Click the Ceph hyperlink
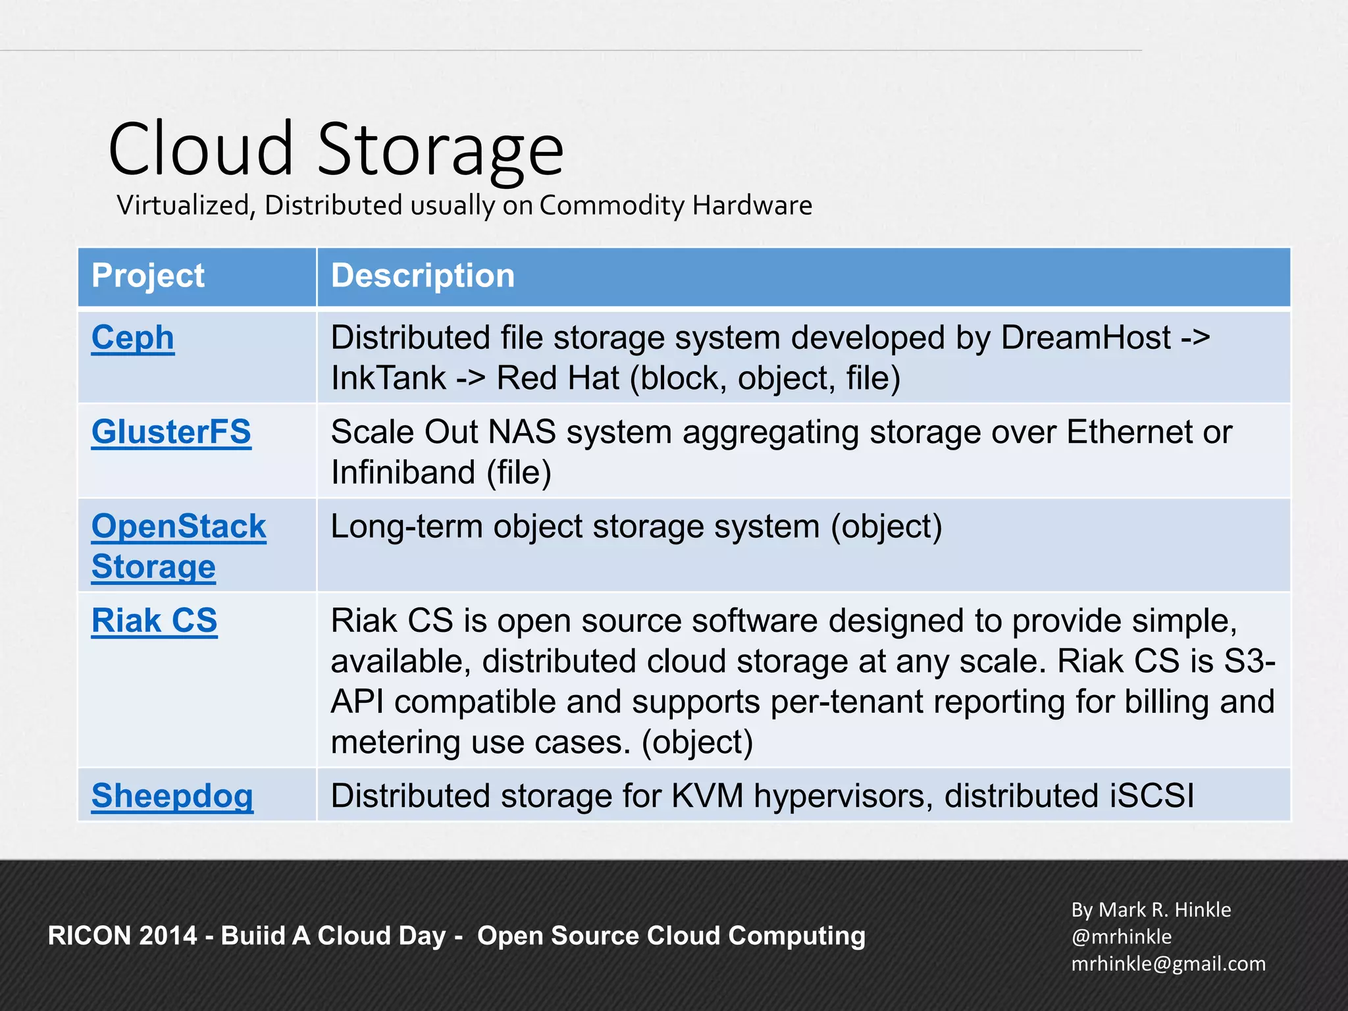click(133, 338)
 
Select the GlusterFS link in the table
click(171, 432)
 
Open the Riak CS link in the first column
click(155, 621)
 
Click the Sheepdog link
click(172, 796)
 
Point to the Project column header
click(148, 275)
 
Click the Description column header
click(423, 275)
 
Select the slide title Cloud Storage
click(336, 150)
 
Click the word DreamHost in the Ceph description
click(1085, 338)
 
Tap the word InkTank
click(388, 378)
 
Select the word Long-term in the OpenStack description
click(406, 527)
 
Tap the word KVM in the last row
click(707, 796)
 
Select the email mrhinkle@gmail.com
click(1168, 964)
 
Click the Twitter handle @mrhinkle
click(1122, 937)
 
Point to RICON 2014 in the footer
click(122, 936)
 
